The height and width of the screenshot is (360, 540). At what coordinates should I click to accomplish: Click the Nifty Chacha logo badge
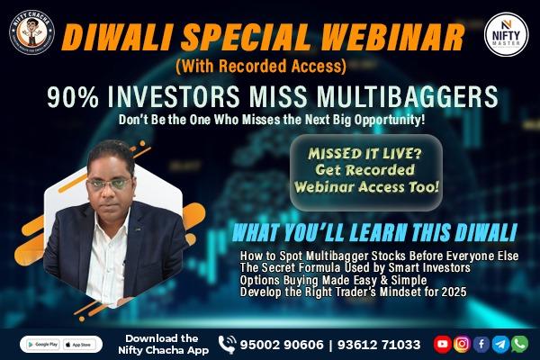tap(32, 35)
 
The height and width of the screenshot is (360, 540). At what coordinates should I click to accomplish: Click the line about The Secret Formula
tap(337, 267)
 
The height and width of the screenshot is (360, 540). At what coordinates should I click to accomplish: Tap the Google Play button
tap(41, 344)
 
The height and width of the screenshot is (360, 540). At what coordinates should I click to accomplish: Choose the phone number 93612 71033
tap(379, 344)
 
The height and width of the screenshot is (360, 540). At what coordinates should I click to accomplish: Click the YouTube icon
tap(442, 344)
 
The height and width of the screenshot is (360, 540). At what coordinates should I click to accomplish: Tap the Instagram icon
tap(462, 344)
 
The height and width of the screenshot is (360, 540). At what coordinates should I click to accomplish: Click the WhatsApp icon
tap(519, 344)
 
